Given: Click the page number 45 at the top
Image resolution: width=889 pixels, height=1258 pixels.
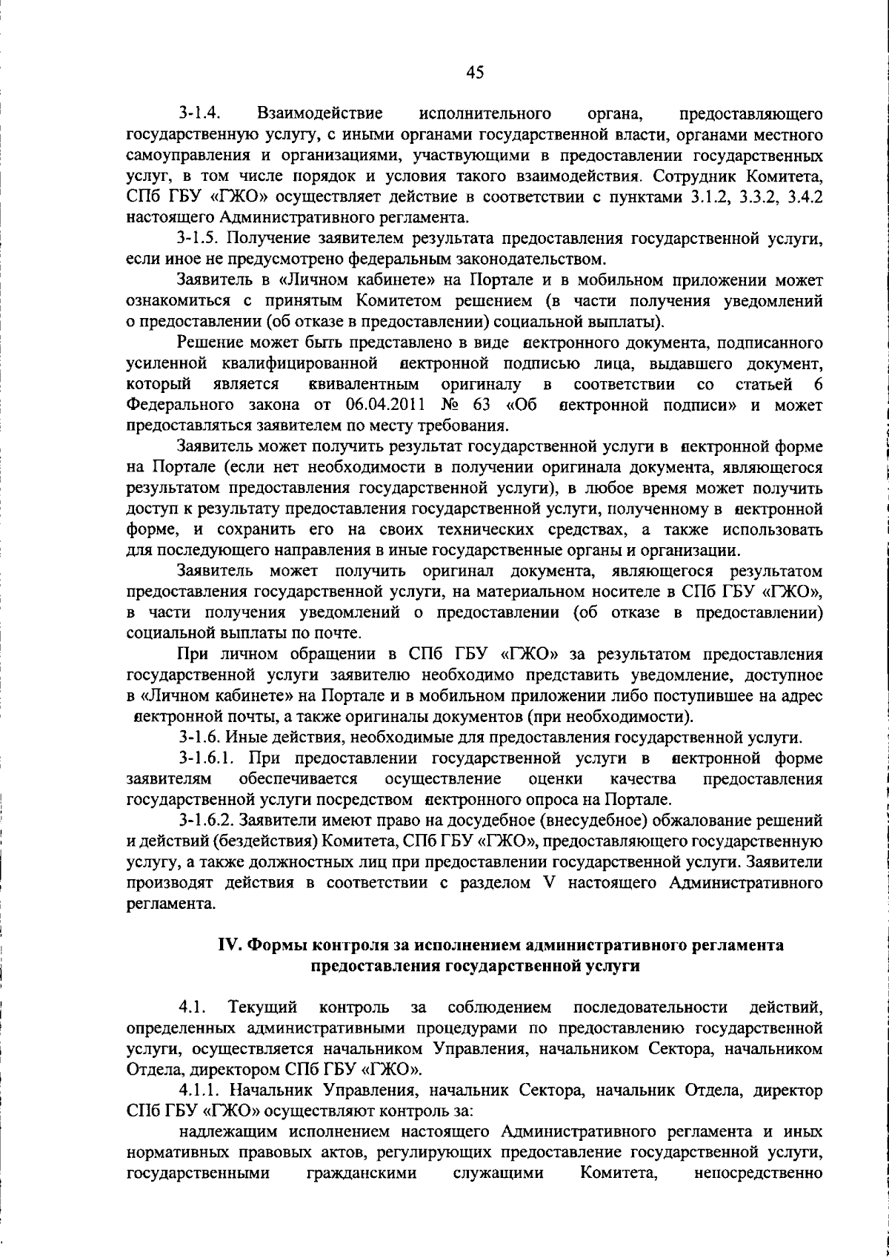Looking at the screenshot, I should pos(475,72).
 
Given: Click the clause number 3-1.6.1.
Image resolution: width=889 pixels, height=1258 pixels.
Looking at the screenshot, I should pos(209,758).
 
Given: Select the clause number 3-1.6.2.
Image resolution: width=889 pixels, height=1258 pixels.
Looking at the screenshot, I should pos(209,821).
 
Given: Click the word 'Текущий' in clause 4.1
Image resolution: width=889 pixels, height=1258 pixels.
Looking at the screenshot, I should pos(264,1007).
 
